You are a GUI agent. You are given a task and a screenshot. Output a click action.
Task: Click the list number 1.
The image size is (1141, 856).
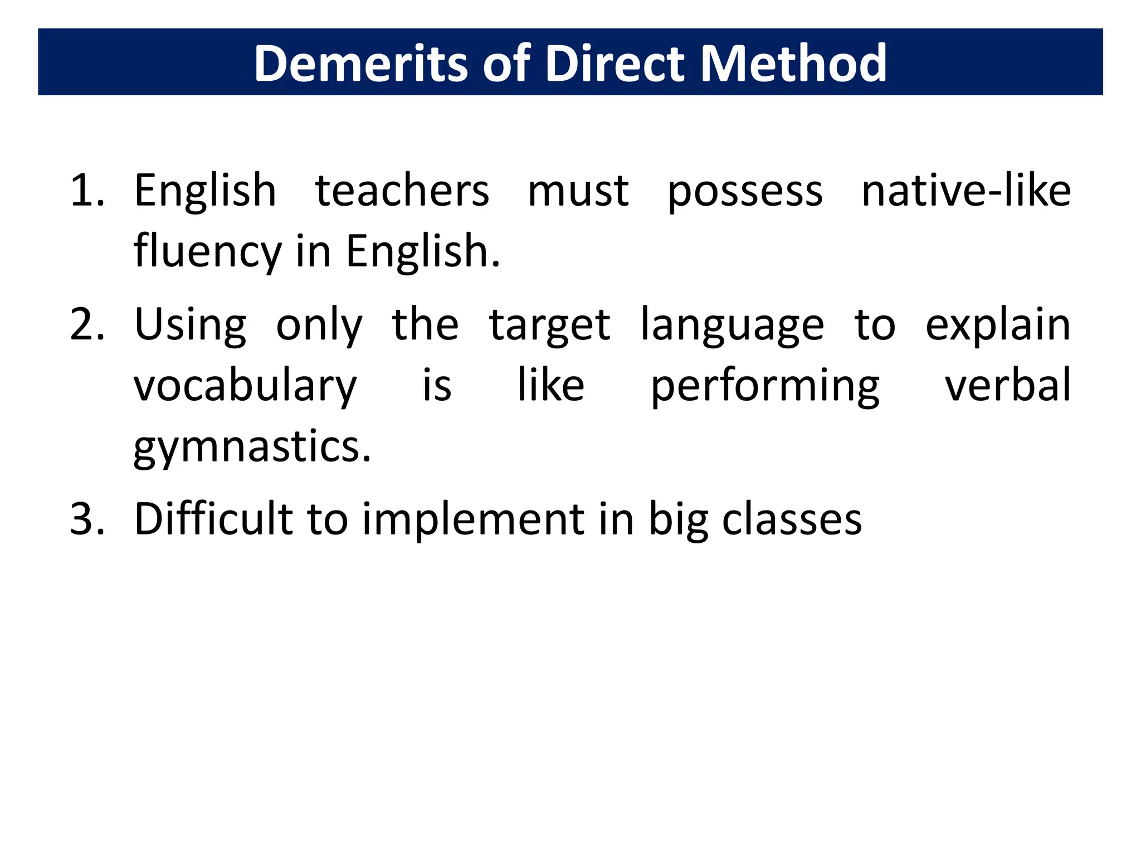tap(86, 191)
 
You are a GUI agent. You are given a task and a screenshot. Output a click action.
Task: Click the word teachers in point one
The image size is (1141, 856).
tap(402, 191)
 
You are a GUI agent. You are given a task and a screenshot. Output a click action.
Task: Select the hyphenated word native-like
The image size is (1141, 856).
tap(966, 191)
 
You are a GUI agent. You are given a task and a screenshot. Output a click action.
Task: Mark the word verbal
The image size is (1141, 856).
tap(1008, 385)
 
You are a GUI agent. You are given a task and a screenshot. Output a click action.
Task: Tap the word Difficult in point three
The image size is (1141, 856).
tap(213, 519)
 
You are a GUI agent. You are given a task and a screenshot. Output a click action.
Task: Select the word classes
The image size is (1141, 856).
tap(792, 519)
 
